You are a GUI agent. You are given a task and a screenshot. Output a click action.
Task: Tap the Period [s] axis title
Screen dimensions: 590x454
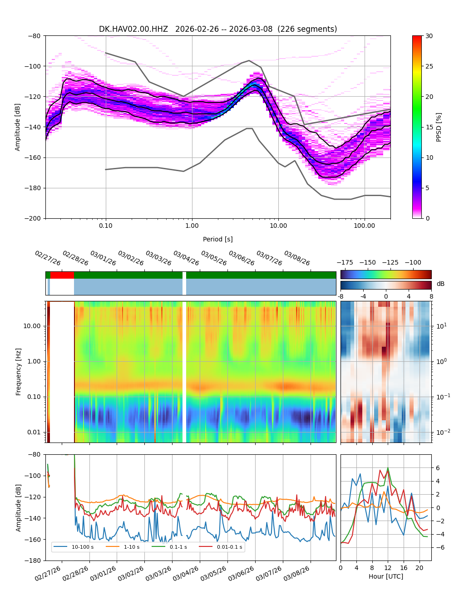point(218,239)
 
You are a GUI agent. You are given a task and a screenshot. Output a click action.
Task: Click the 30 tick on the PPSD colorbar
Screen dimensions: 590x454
point(429,36)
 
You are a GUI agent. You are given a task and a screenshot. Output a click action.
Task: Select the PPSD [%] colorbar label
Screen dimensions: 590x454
point(439,127)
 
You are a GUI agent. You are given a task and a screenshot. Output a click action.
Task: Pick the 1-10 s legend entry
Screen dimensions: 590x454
point(132,547)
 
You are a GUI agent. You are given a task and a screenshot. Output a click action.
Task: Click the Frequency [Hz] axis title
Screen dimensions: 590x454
point(19,371)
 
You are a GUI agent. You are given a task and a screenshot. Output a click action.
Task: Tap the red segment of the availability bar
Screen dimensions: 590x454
point(62,275)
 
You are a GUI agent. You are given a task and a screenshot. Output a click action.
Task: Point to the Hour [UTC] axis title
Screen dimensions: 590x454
point(386,576)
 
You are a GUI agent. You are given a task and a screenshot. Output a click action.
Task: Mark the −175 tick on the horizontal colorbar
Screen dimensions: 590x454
point(345,262)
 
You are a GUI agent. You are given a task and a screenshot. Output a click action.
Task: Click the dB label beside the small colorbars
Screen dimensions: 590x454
point(440,284)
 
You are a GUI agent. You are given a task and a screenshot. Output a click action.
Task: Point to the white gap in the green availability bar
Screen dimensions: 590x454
point(184,275)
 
